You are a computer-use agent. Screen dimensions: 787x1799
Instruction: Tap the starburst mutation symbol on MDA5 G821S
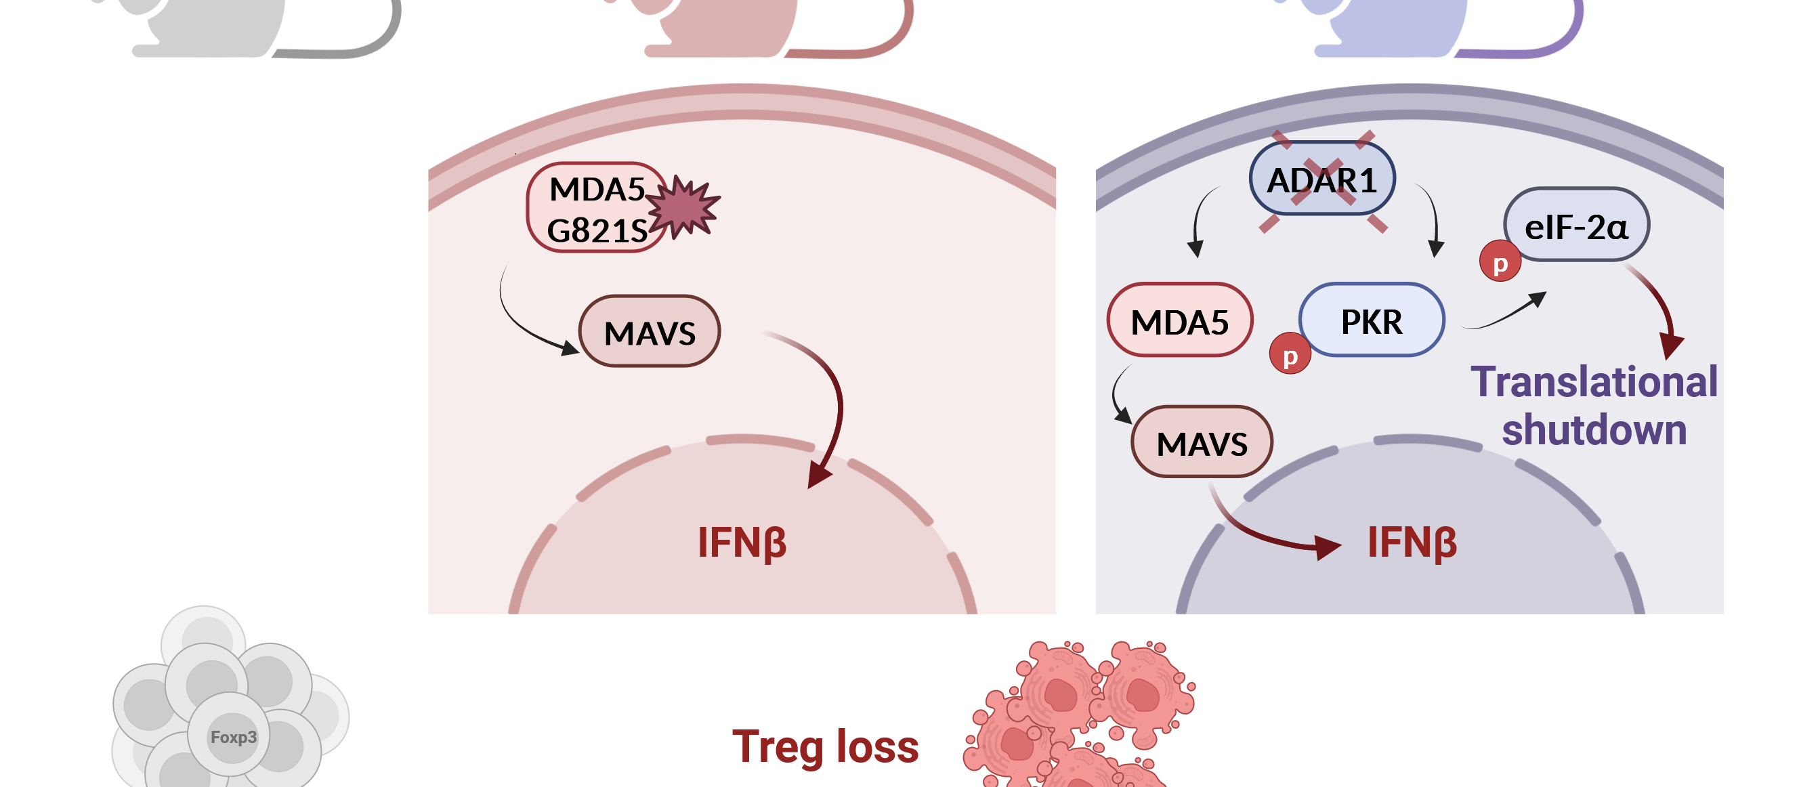pos(683,207)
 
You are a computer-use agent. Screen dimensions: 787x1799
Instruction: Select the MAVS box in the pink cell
pos(650,332)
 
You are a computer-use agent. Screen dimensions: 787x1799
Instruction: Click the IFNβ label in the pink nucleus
pos(742,543)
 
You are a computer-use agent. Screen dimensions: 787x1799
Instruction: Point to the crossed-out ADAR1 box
pos(1321,179)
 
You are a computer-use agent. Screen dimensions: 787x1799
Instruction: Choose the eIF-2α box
pos(1576,226)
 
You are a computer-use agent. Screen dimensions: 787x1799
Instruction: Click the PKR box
pos(1372,320)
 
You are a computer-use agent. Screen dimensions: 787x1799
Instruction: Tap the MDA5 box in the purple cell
pos(1179,320)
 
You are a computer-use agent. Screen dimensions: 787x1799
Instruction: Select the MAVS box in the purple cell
pos(1202,443)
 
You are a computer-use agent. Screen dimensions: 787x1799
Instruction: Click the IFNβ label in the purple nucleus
pos(1412,543)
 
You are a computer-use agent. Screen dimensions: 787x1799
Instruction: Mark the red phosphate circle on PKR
pos(1289,355)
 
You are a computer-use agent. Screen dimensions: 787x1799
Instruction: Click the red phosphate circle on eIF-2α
pos(1500,262)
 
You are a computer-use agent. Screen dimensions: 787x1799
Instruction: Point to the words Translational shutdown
pos(1594,405)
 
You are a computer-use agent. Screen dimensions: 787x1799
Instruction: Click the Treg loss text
pos(825,746)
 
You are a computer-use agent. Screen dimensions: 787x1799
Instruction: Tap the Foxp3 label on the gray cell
pos(233,737)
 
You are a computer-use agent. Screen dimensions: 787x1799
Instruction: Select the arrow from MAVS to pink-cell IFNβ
pos(831,398)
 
